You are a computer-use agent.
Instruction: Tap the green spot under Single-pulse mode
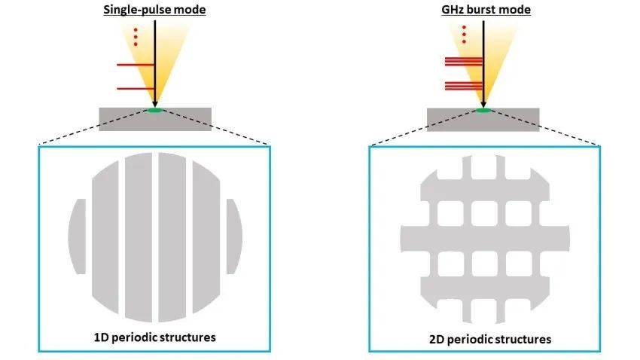154,111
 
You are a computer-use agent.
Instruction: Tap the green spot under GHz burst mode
483,111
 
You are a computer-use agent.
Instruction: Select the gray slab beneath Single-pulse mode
120,120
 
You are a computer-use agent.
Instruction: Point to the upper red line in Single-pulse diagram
136,65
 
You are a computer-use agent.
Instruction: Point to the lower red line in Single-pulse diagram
136,89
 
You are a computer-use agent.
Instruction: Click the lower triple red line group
462,86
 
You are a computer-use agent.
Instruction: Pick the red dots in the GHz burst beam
463,35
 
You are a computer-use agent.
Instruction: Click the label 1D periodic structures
154,337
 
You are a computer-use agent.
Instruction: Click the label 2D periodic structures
489,339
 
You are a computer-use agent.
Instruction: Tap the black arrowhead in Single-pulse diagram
154,102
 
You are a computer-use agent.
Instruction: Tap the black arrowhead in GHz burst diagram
483,102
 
